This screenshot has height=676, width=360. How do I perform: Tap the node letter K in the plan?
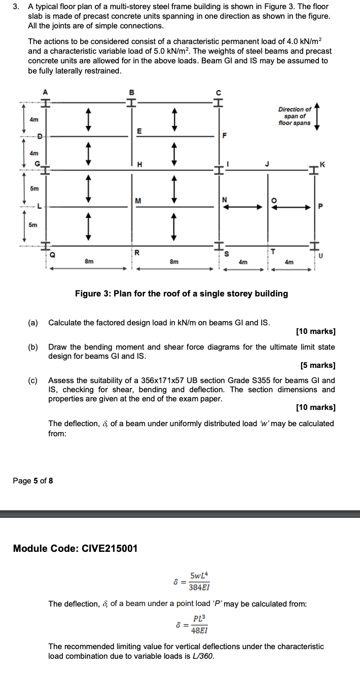(x=323, y=163)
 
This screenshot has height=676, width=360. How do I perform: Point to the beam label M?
(x=138, y=200)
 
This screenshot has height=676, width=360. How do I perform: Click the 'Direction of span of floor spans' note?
(x=295, y=116)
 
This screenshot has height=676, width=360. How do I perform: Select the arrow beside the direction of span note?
(x=317, y=116)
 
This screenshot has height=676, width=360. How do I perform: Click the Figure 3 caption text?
(x=181, y=293)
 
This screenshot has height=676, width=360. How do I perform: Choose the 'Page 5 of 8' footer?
(x=32, y=480)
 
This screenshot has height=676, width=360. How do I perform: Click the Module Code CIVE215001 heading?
(x=75, y=548)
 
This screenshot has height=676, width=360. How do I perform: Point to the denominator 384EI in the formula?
(x=199, y=587)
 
